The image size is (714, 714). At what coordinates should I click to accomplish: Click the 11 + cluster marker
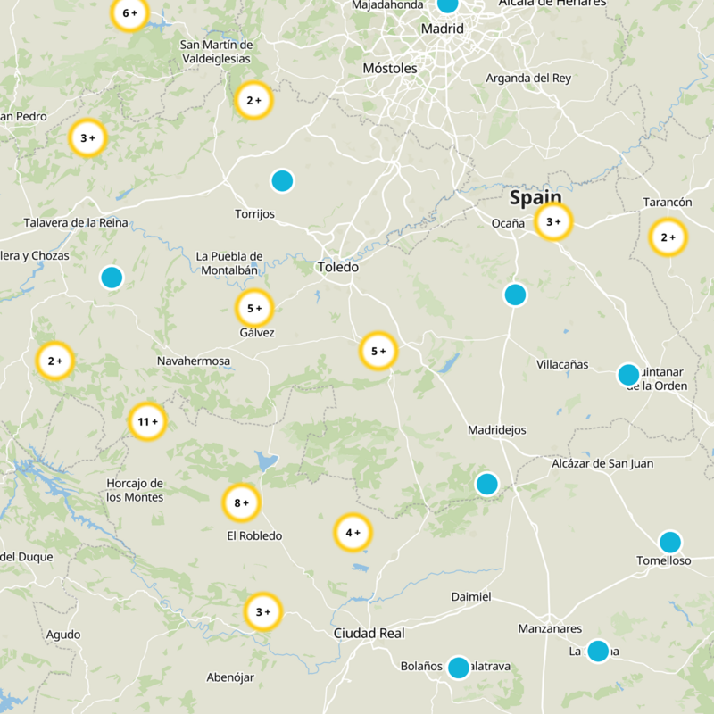pos(147,421)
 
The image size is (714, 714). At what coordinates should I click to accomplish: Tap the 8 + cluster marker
pos(241,503)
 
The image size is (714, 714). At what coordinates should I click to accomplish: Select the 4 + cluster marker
pos(353,533)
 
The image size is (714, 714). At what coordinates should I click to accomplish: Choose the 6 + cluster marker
pos(129,13)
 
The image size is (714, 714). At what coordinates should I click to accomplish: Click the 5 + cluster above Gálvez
pos(254,309)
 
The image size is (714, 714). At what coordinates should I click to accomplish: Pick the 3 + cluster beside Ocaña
pos(553,221)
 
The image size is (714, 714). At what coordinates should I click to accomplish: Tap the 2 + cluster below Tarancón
pos(668,237)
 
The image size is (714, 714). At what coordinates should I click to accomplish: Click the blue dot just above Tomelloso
pos(670,542)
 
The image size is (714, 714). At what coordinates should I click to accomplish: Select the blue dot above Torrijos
pos(282,180)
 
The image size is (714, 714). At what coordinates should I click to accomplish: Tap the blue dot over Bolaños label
pos(458,667)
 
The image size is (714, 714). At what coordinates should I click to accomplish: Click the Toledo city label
pos(338,267)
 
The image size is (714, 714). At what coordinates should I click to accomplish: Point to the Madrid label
pos(443,29)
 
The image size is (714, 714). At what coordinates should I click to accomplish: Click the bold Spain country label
pos(535,197)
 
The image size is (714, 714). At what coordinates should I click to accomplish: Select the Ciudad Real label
pos(369,634)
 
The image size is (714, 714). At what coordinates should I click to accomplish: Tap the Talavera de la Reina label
pos(76,222)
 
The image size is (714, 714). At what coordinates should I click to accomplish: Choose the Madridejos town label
pos(497,430)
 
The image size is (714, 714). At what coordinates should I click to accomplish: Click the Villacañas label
pos(562,364)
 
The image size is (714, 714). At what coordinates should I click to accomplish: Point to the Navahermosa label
pos(194,361)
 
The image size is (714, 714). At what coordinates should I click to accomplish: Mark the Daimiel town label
pos(471,596)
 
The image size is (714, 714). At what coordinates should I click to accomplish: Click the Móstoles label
pos(390,68)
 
